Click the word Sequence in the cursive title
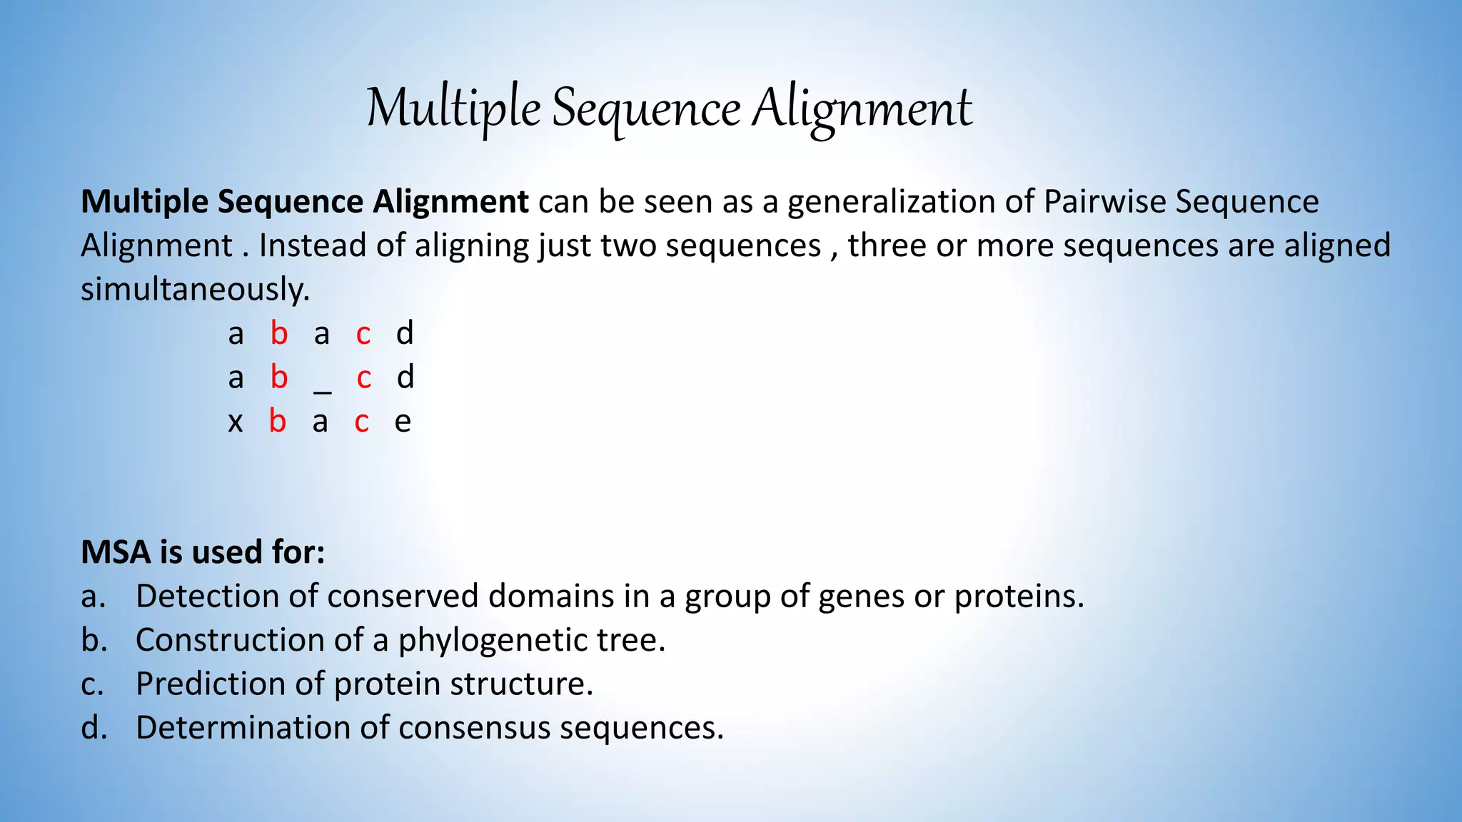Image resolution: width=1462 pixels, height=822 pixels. point(646,108)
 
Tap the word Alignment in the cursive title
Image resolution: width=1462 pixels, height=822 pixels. point(862,108)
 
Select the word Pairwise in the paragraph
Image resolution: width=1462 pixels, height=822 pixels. point(1104,202)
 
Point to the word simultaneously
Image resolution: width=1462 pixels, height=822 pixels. point(195,290)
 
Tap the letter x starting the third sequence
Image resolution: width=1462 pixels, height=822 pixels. point(236,422)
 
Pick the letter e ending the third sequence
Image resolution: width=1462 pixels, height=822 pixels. point(403,422)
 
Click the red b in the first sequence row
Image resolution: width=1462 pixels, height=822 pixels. point(279,333)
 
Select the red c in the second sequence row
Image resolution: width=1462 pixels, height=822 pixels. point(364,378)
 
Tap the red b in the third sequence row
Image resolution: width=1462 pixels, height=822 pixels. point(278,422)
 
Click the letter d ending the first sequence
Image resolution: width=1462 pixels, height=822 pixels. point(405,333)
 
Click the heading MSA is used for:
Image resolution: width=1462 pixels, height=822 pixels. point(203,552)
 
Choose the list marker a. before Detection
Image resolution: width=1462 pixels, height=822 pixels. point(94,597)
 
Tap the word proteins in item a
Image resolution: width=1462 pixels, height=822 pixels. point(1019,597)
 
